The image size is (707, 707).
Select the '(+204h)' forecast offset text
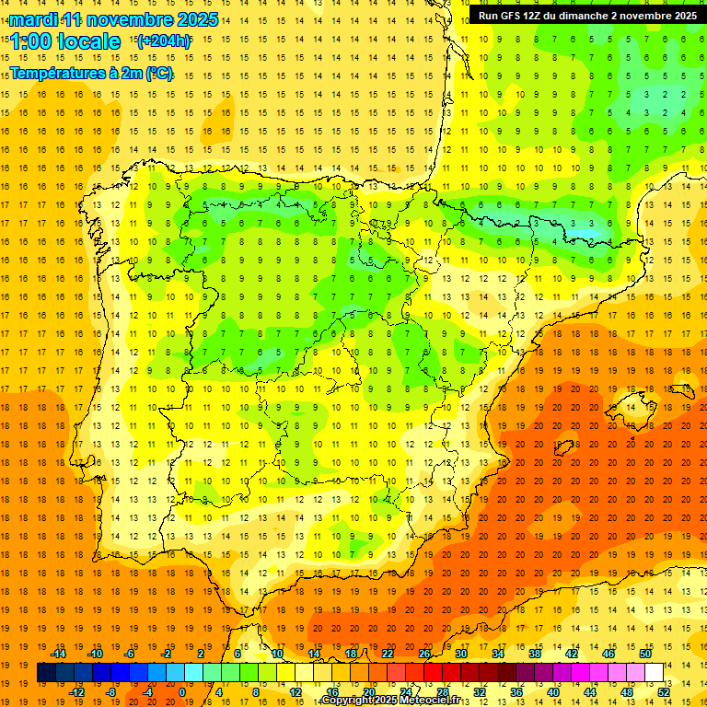163,41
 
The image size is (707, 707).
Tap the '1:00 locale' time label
65,41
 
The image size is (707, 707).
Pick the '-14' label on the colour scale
58,654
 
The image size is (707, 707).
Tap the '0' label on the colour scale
182,692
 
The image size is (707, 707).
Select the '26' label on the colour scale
424,654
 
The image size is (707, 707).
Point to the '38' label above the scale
535,654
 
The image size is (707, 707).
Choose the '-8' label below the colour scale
111,692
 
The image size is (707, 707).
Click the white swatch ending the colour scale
654,673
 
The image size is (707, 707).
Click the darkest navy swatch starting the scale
46,673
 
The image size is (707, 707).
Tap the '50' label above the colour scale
645,654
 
